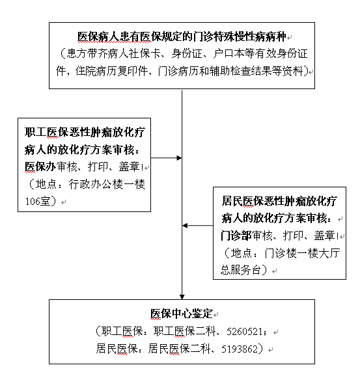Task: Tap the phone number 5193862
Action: coord(240,349)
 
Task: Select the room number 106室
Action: coord(37,201)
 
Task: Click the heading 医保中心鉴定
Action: coord(182,314)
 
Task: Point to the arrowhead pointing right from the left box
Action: coord(179,158)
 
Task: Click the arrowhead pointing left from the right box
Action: coord(185,226)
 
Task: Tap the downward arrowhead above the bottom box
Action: coord(182,297)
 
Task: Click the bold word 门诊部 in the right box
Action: coord(236,235)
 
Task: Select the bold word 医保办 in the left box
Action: coord(40,167)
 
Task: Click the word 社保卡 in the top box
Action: coord(145,53)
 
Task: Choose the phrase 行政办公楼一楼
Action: coord(107,184)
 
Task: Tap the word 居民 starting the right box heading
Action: coord(232,201)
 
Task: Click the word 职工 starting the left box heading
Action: coord(35,132)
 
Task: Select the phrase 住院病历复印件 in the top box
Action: coord(111,71)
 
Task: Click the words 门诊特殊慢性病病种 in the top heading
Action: coord(240,37)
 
